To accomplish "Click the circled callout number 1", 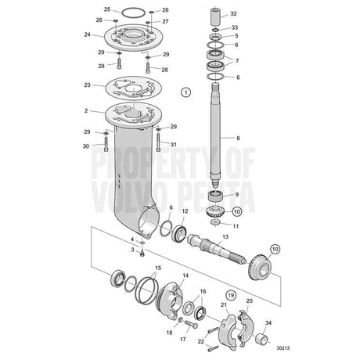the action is coord(185,92).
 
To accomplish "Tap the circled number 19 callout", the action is coord(231,295).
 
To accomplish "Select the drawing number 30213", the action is coord(283,348).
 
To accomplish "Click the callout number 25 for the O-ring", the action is coord(107,9).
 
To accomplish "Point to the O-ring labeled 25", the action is coord(133,13).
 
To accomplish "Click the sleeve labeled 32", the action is coord(215,16).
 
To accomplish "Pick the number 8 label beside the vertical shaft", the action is coord(238,138).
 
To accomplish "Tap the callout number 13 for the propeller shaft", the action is coord(225,236).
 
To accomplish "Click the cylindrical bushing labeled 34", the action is coord(263,339).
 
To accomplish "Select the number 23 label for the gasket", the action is coord(87,85).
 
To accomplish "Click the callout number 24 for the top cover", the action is coord(88,34).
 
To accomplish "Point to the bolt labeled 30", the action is coord(106,144).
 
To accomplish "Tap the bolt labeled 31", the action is coord(158,142).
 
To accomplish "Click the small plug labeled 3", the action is coord(142,253).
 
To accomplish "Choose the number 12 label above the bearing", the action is coord(185,211).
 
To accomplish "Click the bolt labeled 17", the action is coord(192,324).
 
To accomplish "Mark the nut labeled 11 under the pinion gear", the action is coord(215,222).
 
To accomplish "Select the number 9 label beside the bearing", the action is coord(237,195).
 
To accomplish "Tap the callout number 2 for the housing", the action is coord(86,111).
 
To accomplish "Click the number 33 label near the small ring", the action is coord(235,27).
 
